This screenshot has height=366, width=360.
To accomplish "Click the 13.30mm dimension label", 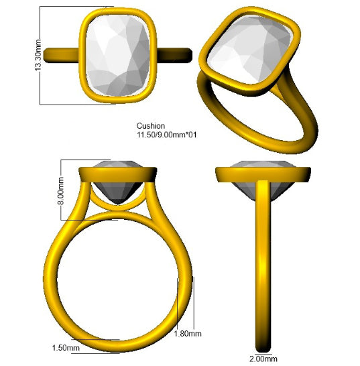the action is pos(38,55).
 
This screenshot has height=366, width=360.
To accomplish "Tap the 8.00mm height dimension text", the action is pos(60,190).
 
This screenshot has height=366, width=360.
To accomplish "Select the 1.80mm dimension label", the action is pos(188,334).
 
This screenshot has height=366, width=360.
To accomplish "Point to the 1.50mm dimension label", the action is pos(66,348).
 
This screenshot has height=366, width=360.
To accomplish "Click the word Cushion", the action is pos(151,126).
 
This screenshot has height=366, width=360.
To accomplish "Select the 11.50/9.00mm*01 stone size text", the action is pos(166,135).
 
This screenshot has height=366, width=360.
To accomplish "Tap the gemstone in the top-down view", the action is pos(118,56).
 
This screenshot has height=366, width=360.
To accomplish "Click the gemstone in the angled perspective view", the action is pos(250,48).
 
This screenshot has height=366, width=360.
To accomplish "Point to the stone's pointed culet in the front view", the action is pos(118,204).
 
